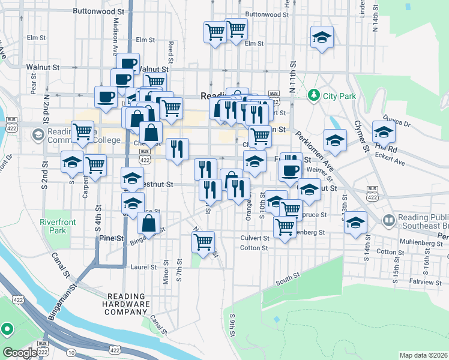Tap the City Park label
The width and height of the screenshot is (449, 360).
click(339, 96)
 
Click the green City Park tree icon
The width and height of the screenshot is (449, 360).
click(313, 95)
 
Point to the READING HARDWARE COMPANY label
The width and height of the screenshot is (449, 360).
click(128, 304)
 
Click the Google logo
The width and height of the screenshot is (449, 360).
click(20, 353)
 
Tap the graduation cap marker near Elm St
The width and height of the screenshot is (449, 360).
click(322, 38)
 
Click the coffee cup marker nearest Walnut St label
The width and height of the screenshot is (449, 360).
click(128, 63)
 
